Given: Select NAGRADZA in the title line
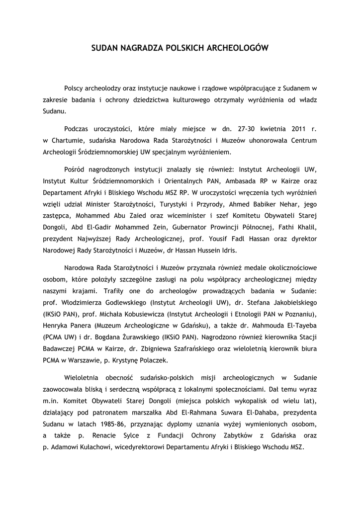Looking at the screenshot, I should pos(141,48).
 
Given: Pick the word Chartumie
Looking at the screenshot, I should pos(66,140).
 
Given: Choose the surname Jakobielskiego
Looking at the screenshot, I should pos(289,303).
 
